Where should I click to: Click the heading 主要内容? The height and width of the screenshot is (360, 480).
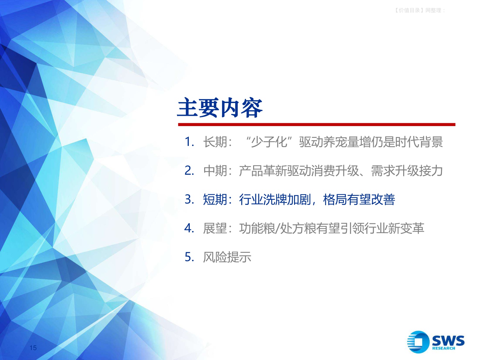[220, 108]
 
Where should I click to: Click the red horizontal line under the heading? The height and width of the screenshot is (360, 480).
[316, 124]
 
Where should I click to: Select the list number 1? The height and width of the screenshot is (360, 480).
[189, 142]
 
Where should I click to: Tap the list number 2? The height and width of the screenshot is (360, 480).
[189, 171]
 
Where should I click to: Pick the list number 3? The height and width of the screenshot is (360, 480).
[189, 199]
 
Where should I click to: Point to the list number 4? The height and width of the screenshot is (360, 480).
[189, 228]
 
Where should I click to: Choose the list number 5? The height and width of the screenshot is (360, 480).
[189, 257]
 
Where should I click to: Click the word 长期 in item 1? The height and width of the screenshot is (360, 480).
[215, 142]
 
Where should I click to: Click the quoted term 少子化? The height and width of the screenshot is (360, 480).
[269, 142]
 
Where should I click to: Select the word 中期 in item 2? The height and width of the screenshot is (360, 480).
[215, 171]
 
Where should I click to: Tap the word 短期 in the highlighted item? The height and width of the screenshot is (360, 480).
[215, 200]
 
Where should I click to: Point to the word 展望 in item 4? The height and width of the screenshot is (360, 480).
[215, 228]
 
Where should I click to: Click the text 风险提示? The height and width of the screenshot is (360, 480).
[227, 257]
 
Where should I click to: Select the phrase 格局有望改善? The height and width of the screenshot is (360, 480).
[359, 200]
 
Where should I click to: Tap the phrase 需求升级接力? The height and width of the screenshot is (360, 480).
[407, 171]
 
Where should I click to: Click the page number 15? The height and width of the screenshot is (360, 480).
[33, 348]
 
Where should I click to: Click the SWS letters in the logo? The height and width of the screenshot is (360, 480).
[448, 340]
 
